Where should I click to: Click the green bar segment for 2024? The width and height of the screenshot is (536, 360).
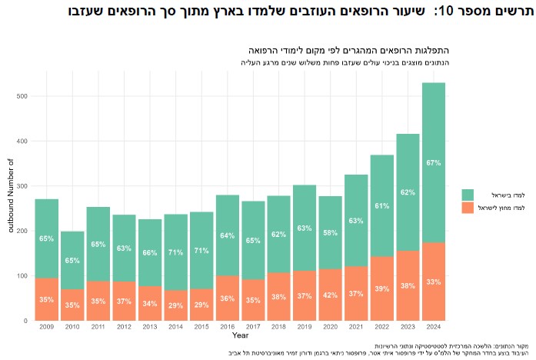pyautogui.click(x=433, y=162)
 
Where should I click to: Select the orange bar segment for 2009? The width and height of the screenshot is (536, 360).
pyautogui.click(x=46, y=299)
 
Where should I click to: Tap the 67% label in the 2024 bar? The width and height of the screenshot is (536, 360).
pyautogui.click(x=433, y=163)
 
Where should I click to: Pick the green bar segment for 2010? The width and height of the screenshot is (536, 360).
pyautogui.click(x=72, y=260)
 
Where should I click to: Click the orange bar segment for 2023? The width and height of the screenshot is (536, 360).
pyautogui.click(x=408, y=285)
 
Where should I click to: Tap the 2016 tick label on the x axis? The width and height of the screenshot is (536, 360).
pyautogui.click(x=227, y=328)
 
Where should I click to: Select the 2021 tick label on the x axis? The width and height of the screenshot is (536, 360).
pyautogui.click(x=356, y=328)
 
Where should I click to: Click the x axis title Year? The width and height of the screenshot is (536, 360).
pyautogui.click(x=239, y=336)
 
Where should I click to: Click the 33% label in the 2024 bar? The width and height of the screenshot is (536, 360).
pyautogui.click(x=433, y=282)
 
